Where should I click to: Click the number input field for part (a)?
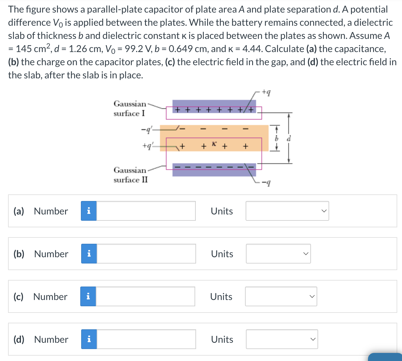coord(146,211)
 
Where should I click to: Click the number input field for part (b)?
coord(146,254)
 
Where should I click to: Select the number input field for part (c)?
coord(145,296)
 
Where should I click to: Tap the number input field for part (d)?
coord(146,339)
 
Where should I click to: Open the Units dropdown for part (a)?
coord(287,211)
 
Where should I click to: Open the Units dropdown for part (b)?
coord(278,254)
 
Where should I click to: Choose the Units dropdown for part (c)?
coord(281,296)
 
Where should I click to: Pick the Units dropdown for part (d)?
coord(282,339)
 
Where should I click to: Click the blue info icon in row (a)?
coord(89,211)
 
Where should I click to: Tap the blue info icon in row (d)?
coord(89,339)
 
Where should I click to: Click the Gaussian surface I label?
coord(130,109)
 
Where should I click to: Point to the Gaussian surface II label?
coord(130,175)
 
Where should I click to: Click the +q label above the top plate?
coord(266,92)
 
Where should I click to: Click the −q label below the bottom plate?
coord(266,183)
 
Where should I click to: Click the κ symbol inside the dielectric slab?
coord(214,144)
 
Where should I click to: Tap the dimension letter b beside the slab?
coord(277,139)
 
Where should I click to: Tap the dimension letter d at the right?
coord(288,139)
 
